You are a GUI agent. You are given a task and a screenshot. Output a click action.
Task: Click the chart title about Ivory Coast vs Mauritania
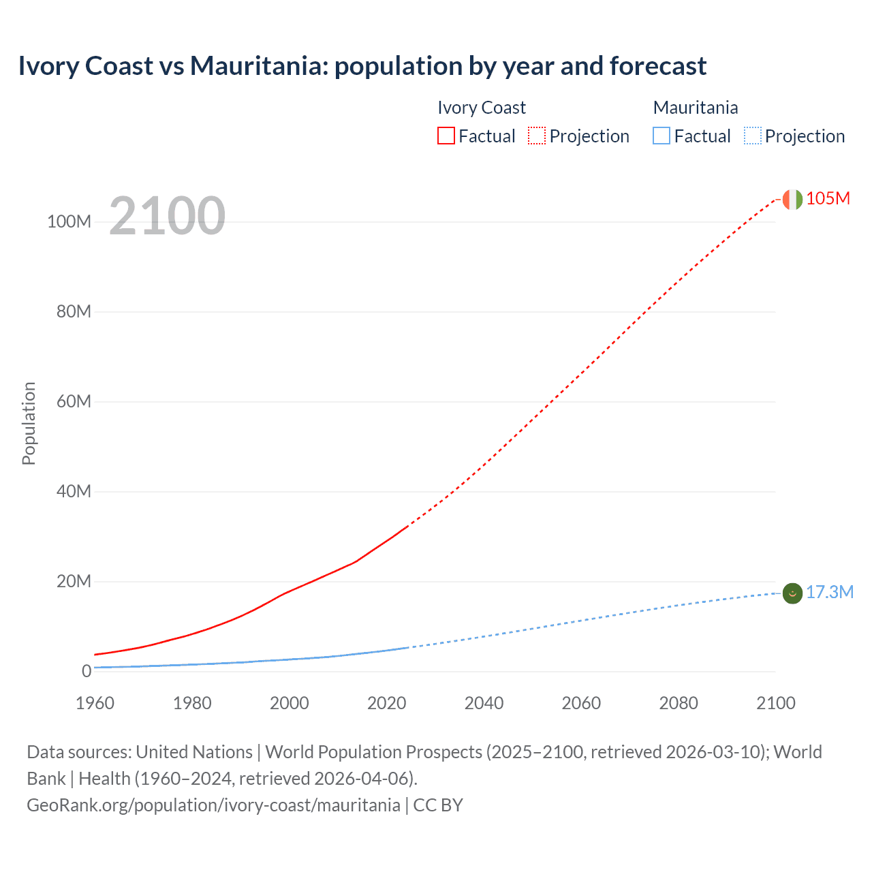tap(362, 66)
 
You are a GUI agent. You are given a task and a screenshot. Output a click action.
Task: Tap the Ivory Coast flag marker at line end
tap(792, 199)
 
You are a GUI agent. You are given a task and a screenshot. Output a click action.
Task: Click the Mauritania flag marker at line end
tap(792, 593)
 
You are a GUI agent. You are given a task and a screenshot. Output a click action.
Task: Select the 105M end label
tap(828, 198)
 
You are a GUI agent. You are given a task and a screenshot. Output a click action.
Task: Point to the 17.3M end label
tap(829, 592)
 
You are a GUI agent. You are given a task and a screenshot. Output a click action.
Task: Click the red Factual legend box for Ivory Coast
tap(446, 136)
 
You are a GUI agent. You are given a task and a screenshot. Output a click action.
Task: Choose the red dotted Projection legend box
tap(537, 136)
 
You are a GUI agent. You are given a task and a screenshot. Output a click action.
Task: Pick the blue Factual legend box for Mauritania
tap(661, 136)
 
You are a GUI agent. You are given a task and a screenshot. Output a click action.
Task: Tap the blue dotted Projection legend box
tap(752, 136)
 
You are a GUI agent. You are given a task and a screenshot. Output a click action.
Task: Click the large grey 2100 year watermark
tap(167, 216)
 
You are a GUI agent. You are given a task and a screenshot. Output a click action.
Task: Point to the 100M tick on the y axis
tap(69, 222)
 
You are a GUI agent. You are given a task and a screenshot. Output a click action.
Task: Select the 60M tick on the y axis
tap(74, 401)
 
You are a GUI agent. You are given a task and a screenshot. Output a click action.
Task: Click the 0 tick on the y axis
tap(87, 671)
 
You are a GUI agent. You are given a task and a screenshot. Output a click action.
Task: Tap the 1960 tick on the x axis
tap(95, 703)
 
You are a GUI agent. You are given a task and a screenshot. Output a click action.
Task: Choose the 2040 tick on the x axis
tap(484, 703)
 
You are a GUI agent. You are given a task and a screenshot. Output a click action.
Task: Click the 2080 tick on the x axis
tap(679, 703)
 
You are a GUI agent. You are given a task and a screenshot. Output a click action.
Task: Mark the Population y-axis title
tap(29, 423)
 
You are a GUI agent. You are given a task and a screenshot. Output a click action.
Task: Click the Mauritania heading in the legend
tap(695, 108)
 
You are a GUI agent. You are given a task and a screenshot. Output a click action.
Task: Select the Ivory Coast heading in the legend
tap(481, 108)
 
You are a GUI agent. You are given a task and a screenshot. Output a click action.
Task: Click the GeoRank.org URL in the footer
tap(213, 805)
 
